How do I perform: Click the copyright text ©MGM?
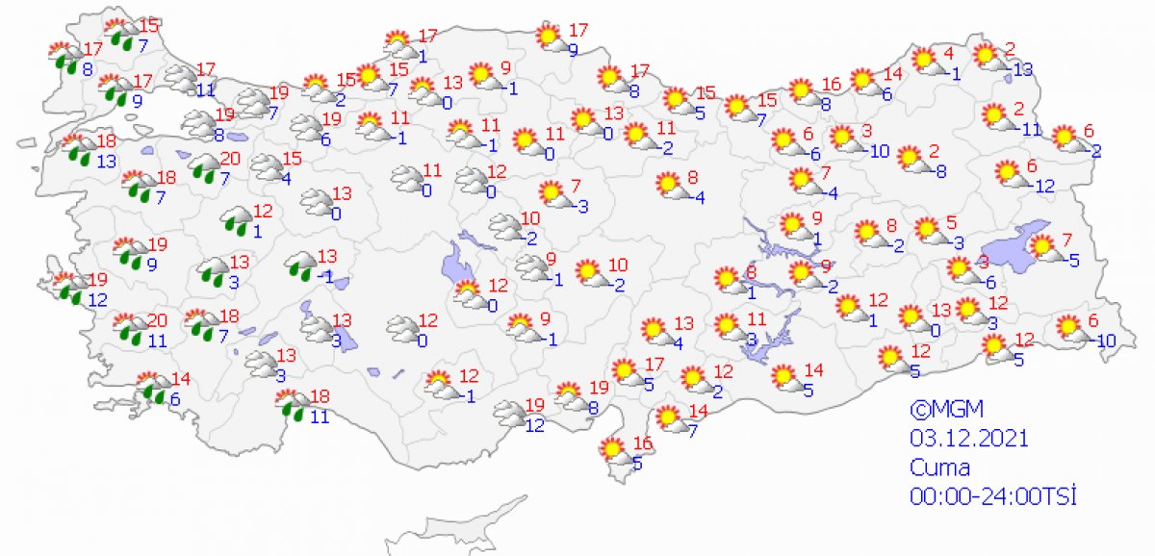944,409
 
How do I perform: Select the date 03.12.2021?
969,439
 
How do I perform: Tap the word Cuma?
940,468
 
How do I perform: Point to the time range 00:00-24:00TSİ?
992,496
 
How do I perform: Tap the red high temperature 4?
948,52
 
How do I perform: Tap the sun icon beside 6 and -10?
1068,328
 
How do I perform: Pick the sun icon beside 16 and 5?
612,449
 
